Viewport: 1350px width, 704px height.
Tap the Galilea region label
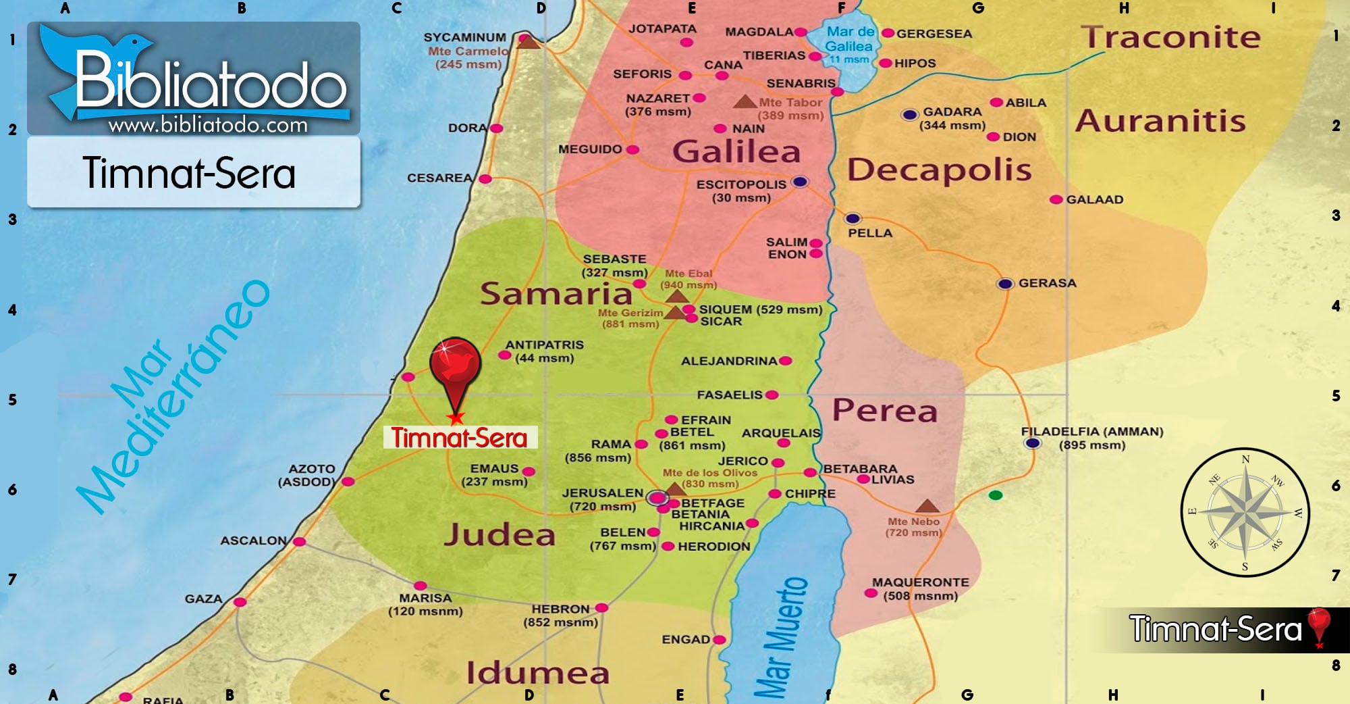coord(736,151)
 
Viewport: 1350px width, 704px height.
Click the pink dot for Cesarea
coord(485,179)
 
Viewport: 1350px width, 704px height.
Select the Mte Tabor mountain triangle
coord(745,102)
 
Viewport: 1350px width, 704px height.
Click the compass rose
coord(1245,512)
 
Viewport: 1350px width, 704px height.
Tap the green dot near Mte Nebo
coord(995,495)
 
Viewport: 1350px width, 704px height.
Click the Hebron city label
coord(560,609)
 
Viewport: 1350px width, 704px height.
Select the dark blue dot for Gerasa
coord(1005,284)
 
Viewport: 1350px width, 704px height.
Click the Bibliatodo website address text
coord(208,125)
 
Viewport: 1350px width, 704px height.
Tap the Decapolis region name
coord(939,170)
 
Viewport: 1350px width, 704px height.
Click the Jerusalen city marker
coord(657,498)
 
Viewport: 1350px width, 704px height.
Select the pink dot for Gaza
coord(240,602)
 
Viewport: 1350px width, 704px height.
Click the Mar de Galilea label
coord(850,39)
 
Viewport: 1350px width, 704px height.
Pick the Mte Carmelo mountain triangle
coord(529,42)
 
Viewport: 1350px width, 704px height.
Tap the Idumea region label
coord(537,673)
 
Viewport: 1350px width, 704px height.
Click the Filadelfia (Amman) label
coord(1091,432)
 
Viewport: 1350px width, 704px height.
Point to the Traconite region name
coord(1170,37)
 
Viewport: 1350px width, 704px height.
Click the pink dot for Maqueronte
coord(871,593)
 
